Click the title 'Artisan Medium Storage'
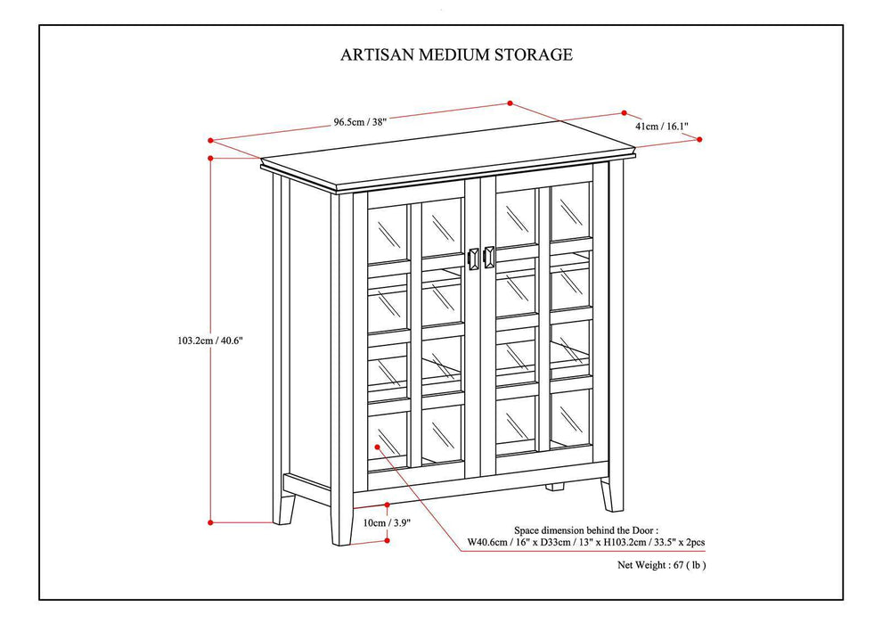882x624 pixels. click(456, 54)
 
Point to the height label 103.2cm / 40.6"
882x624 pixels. click(211, 340)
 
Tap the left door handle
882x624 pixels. click(474, 258)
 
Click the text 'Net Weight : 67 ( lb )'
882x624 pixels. click(663, 564)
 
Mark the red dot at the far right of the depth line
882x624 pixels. click(699, 139)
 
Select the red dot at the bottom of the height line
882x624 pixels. click(211, 522)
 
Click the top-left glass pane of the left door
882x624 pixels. click(388, 234)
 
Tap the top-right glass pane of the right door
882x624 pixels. click(570, 210)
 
